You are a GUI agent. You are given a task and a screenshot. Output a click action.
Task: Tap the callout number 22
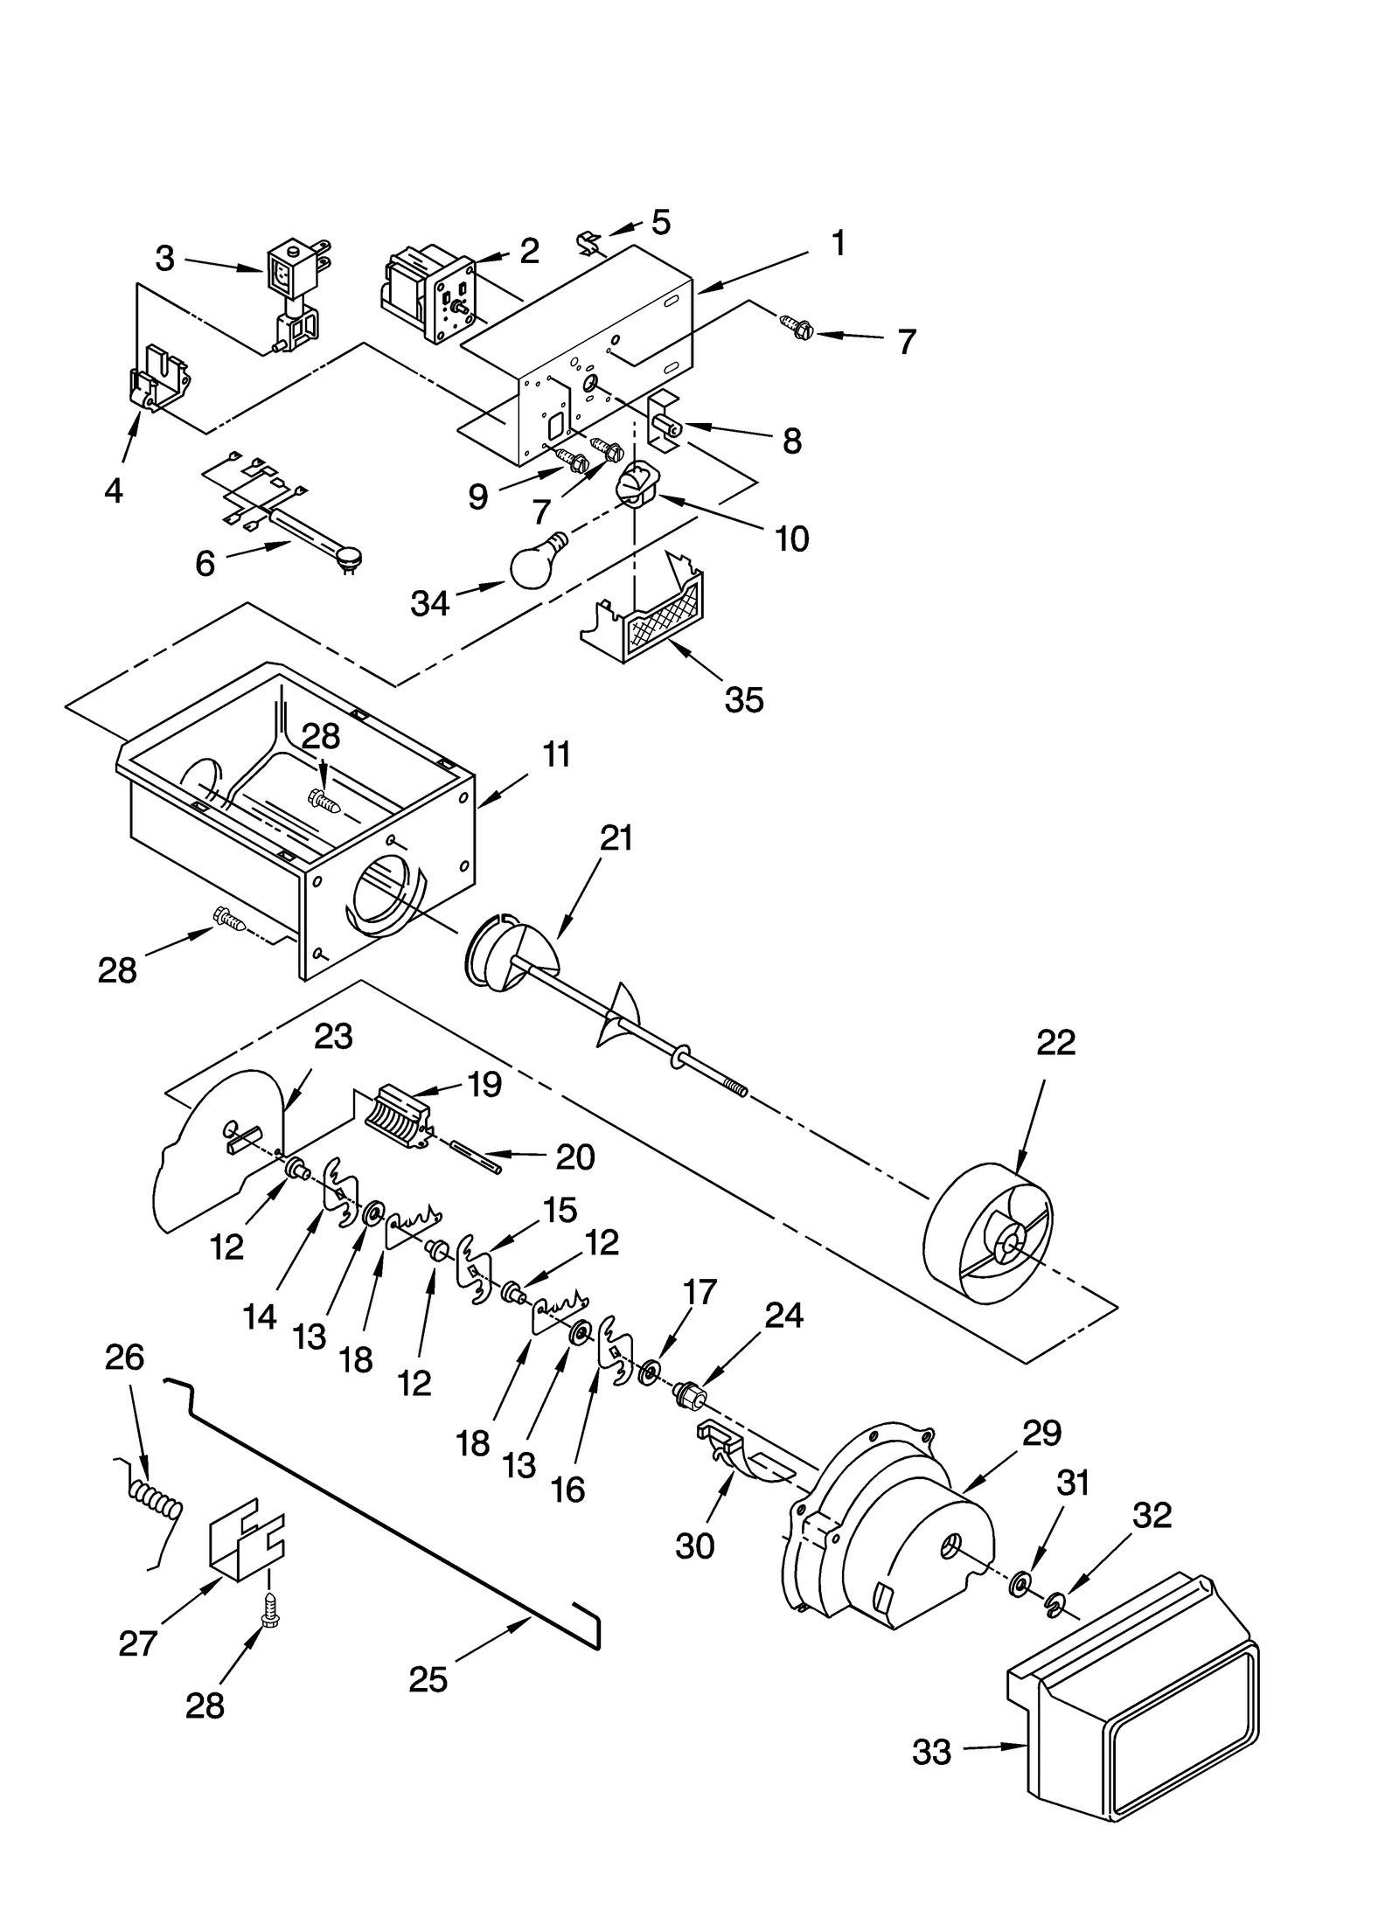1055,1043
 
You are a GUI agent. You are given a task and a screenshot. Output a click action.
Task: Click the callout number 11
555,754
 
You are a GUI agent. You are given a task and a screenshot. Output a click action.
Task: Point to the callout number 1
837,244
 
